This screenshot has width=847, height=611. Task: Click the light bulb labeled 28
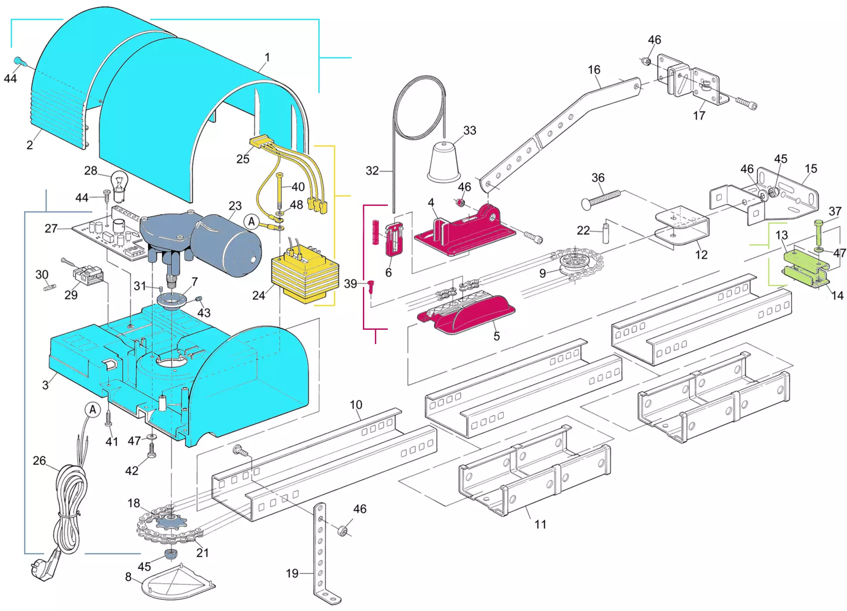tap(119, 185)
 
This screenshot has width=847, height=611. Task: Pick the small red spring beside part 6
tap(376, 232)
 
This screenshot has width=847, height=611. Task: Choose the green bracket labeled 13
tap(805, 262)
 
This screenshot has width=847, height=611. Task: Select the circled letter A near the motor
tap(252, 221)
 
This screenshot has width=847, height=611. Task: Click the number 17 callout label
tap(699, 115)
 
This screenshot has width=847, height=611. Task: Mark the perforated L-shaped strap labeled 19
tap(320, 553)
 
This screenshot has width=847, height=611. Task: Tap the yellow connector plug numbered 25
tap(261, 142)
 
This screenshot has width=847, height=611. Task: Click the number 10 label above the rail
tap(356, 405)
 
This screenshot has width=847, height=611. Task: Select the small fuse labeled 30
tap(50, 287)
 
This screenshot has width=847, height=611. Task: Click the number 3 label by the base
tap(45, 385)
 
